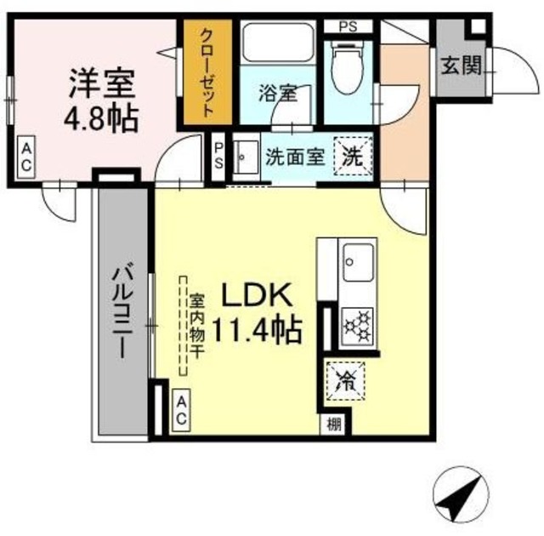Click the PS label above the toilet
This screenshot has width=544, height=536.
[x=349, y=26]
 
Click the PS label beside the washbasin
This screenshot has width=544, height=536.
[x=218, y=157]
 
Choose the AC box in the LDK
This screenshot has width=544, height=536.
[x=181, y=410]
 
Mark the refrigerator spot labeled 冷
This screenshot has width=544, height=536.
[x=345, y=379]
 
